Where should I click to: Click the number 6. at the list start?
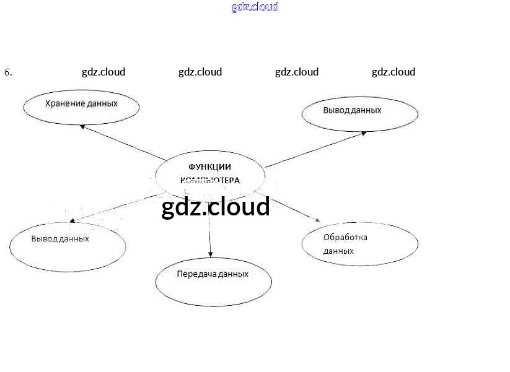click(8, 72)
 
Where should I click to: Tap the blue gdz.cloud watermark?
click(255, 7)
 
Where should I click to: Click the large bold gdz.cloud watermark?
click(216, 207)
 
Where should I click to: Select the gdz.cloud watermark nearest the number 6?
click(103, 72)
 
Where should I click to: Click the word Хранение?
click(64, 103)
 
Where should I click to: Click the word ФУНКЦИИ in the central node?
click(209, 167)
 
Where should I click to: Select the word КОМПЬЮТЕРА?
click(209, 181)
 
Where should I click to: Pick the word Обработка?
click(345, 238)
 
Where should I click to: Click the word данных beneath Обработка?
click(338, 251)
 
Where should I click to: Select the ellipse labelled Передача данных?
click(213, 282)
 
